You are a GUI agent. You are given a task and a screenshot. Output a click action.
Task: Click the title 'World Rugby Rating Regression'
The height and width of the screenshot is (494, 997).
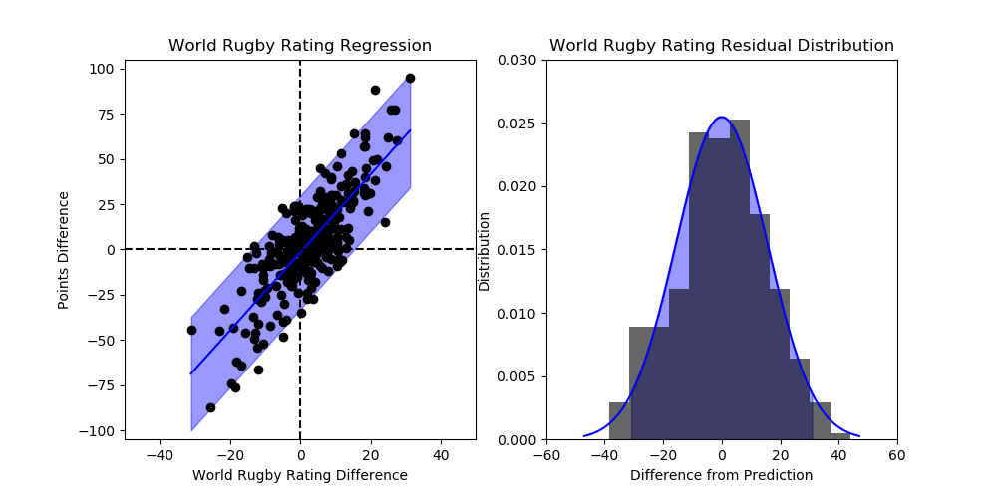coord(300,46)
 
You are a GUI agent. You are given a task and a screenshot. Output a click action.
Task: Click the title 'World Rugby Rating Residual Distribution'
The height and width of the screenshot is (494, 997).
coord(722,46)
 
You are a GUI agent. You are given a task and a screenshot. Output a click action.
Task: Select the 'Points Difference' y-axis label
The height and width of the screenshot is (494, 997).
coord(64,250)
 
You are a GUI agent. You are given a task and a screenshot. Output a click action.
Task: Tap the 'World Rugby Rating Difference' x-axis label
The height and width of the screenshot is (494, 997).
coord(300,475)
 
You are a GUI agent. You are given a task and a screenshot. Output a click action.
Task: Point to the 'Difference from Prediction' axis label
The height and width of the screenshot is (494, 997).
coord(722,475)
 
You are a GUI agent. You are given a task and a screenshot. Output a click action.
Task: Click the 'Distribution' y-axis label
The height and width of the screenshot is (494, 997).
coord(485,250)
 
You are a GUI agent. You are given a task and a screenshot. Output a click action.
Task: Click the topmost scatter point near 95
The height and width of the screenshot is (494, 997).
coord(410,78)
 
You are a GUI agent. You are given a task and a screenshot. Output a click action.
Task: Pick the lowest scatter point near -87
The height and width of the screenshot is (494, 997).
coord(210,407)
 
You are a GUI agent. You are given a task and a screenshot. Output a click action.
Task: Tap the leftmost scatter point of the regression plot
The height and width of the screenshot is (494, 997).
coord(191,330)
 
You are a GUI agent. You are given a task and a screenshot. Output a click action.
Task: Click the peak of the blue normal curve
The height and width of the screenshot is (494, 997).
coord(722,118)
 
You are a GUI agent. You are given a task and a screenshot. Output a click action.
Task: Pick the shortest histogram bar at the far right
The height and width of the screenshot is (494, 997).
coord(840,436)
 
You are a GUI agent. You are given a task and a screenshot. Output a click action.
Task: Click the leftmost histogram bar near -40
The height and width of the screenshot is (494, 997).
coord(619,421)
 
